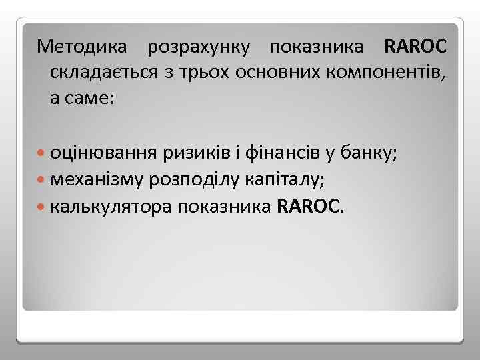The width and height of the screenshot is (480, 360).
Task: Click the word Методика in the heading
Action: click(x=85, y=47)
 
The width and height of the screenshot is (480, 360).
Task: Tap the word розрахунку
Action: click(x=200, y=47)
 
